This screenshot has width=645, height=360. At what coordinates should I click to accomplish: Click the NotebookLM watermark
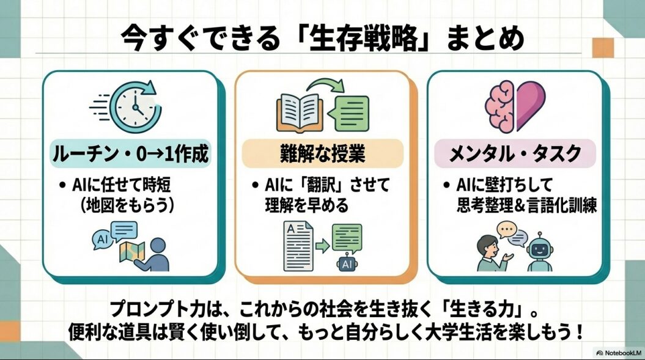click(x=617, y=353)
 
